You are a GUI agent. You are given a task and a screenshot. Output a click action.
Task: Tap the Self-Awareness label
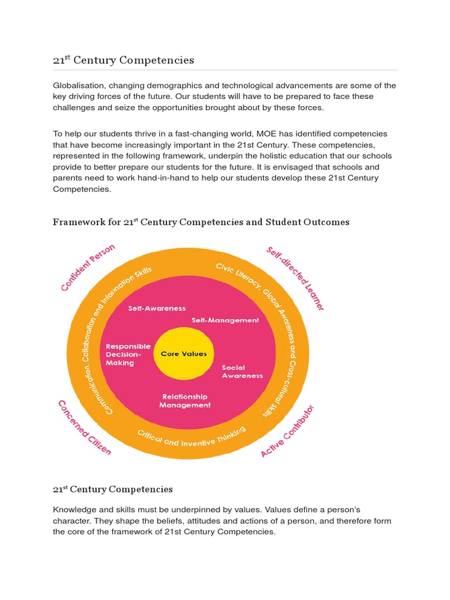(156, 308)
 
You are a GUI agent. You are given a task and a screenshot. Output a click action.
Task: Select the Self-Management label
(225, 321)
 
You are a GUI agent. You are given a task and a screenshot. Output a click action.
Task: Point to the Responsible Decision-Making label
(128, 354)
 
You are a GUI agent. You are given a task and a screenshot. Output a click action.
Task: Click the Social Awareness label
(242, 371)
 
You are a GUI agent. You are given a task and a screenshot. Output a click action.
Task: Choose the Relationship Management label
(185, 401)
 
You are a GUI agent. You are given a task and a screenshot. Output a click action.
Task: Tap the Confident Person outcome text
(88, 267)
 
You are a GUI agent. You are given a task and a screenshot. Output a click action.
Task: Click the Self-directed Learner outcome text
(295, 278)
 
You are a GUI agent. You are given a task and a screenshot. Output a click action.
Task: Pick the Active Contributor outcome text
(288, 431)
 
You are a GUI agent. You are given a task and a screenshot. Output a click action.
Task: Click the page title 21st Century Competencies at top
(124, 60)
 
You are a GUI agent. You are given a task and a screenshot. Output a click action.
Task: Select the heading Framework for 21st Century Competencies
(201, 222)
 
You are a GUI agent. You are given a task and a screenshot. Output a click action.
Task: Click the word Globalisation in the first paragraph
(77, 86)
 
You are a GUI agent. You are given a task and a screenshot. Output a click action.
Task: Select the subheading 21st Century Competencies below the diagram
(112, 489)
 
